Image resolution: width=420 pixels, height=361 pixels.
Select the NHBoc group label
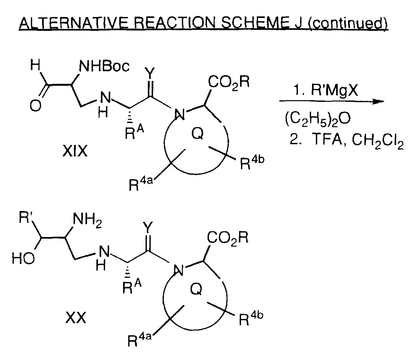click(104, 66)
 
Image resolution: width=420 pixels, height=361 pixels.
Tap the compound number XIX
click(75, 151)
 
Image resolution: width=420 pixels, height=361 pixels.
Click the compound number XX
click(76, 318)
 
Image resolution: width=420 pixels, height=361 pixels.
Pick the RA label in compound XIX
click(134, 132)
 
